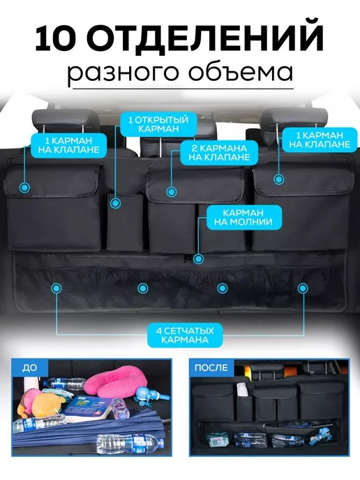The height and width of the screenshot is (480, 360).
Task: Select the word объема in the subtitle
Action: [x=241, y=73]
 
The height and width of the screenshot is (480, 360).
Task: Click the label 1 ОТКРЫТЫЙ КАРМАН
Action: [x=158, y=124]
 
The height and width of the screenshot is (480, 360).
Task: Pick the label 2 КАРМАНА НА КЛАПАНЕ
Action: [x=219, y=153]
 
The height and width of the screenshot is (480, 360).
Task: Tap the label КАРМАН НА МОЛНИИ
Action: [x=243, y=218]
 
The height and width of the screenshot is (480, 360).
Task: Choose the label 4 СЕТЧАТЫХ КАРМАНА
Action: [x=185, y=335]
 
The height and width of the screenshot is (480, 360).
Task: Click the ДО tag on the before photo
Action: [x=29, y=368]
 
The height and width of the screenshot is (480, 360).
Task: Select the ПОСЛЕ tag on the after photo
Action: [x=211, y=368]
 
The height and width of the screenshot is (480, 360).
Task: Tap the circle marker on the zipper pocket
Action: [x=199, y=259]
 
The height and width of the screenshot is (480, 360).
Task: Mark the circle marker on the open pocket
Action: [x=115, y=203]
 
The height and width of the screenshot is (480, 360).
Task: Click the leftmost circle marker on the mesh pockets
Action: [x=56, y=287]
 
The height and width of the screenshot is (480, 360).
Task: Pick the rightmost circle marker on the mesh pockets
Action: [x=303, y=287]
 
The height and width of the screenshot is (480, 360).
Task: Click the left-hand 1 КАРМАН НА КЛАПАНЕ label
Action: [x=68, y=145]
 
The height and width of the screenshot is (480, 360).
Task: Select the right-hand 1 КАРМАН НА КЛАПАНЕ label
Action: [x=320, y=140]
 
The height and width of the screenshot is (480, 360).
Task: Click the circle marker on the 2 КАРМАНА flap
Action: [x=172, y=192]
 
